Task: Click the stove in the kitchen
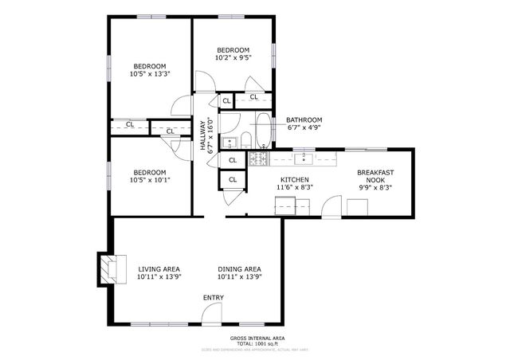click(x=257, y=160)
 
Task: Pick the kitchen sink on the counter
click(x=305, y=158)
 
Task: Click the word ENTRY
click(x=213, y=298)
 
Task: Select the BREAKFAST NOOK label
click(x=375, y=177)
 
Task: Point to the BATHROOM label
click(x=304, y=119)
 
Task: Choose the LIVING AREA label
click(x=159, y=269)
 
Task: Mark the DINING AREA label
click(x=240, y=269)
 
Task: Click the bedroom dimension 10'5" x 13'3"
click(x=150, y=74)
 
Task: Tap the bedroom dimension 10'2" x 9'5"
click(x=233, y=57)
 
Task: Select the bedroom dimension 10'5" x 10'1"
click(x=150, y=180)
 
